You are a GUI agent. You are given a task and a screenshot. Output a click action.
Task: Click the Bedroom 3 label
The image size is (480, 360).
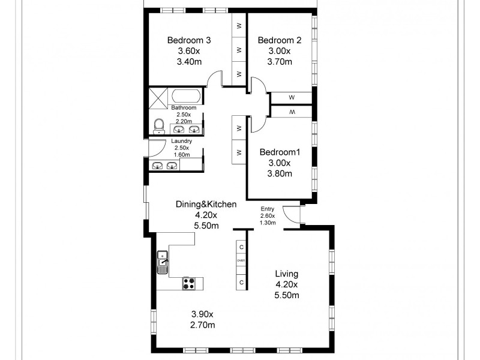(188, 40)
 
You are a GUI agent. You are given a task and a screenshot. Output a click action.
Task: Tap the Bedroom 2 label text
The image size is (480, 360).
(279, 40)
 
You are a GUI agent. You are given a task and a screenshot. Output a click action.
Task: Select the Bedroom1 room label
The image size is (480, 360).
(279, 152)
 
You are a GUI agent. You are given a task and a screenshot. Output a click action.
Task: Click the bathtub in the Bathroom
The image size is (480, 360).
(187, 97)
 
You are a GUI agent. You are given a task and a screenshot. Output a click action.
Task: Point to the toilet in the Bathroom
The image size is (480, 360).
(159, 125)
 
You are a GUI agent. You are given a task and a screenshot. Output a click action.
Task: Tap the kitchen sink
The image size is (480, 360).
(163, 262)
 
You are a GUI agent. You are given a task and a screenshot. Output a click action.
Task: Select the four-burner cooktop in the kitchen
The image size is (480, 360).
(188, 282)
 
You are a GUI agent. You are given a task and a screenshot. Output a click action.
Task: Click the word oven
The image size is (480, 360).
(241, 260)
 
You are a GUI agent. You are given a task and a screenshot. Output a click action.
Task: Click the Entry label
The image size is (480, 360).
(268, 208)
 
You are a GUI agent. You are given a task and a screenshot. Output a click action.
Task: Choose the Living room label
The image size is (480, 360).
(287, 274)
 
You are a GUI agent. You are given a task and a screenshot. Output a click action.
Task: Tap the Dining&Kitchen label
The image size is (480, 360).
(206, 204)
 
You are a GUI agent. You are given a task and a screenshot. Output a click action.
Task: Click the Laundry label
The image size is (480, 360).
(181, 141)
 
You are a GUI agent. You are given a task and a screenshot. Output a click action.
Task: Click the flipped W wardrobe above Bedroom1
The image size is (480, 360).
(292, 112)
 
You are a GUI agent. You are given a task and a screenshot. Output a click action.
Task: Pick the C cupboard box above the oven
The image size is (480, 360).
(241, 247)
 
